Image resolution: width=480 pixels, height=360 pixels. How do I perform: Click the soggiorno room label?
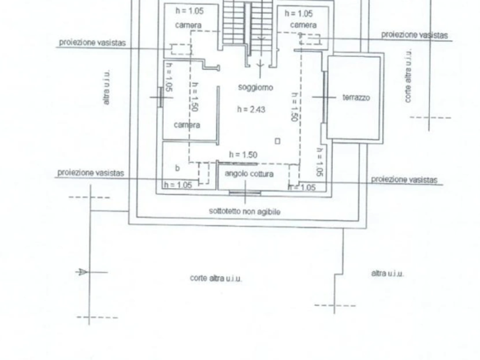tap(256, 88)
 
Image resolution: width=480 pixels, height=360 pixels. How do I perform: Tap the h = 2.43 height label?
tap(251, 109)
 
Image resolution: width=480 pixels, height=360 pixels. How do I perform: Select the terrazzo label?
tap(356, 98)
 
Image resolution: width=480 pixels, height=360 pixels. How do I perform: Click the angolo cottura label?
tap(249, 174)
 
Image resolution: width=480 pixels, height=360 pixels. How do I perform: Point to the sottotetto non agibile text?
tap(245, 211)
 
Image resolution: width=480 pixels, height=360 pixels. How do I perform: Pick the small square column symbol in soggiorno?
tap(277, 141)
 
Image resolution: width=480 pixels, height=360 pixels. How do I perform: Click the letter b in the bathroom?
tap(178, 168)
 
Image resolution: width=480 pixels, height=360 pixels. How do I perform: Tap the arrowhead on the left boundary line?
tap(82, 271)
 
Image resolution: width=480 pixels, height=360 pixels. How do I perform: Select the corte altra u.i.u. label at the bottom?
tap(216, 279)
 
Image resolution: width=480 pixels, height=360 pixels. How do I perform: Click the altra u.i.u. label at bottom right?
tap(387, 274)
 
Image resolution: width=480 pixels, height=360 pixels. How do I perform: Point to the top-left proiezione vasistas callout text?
tap(92, 43)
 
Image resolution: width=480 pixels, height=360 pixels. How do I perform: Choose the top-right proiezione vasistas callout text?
tap(414, 35)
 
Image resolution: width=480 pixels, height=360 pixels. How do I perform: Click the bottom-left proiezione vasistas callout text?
tap(90, 173)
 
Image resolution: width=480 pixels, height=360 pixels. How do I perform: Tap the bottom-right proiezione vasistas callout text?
tap(404, 180)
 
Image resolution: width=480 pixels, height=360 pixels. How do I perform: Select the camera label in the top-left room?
tap(188, 25)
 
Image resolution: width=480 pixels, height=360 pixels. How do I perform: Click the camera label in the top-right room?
tap(303, 25)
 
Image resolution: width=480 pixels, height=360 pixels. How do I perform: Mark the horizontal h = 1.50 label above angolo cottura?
tap(243, 155)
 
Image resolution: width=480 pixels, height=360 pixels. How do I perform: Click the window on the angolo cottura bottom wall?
tap(245, 192)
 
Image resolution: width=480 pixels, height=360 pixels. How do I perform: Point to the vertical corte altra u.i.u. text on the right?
tap(408, 76)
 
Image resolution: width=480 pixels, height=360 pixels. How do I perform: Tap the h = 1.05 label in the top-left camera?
tap(190, 11)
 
